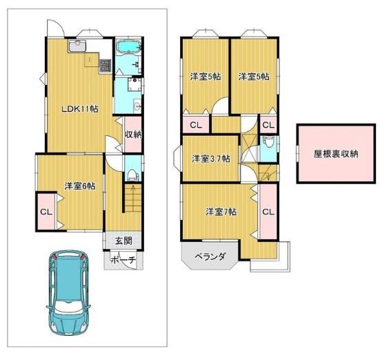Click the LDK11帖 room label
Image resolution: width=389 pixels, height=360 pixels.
point(79,109)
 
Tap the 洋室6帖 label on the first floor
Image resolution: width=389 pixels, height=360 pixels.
point(80,186)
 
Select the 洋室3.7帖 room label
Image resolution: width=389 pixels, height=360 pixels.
point(211,159)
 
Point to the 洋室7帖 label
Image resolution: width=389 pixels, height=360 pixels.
point(221,212)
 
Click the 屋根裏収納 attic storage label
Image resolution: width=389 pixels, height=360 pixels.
point(336,154)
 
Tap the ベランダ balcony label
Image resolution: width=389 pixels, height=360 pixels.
point(210,256)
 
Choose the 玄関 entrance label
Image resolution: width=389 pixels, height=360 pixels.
point(123,241)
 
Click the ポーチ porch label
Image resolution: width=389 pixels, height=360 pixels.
point(123,260)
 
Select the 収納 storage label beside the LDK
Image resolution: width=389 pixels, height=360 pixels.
point(133,134)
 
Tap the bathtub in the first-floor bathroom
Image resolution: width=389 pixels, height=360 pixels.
point(129,47)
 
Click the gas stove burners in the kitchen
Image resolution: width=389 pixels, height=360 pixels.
point(105,66)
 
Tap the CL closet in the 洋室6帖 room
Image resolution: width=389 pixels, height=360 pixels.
point(46,212)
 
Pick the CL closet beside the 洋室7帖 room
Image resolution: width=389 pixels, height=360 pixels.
point(268,212)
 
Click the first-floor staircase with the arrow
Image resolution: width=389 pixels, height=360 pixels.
point(132,198)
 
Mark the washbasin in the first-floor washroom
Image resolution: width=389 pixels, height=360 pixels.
point(137,106)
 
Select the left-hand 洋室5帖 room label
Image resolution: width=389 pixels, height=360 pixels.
point(206,77)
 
